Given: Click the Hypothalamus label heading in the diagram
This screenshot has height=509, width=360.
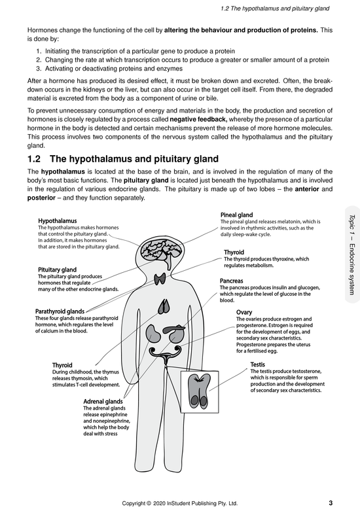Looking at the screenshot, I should [x=58, y=221].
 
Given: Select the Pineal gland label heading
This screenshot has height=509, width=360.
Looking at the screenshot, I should [x=236, y=215].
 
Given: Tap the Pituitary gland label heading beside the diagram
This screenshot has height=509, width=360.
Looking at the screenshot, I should [x=57, y=269].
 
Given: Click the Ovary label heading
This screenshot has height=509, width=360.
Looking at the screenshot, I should [x=243, y=312].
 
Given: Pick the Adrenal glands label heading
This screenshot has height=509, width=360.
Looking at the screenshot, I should [x=103, y=401].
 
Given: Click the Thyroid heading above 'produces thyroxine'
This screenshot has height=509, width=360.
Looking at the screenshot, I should [x=234, y=252].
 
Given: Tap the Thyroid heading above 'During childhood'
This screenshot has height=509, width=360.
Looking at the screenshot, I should [x=62, y=364].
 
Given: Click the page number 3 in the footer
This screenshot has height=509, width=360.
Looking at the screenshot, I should [x=331, y=502].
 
